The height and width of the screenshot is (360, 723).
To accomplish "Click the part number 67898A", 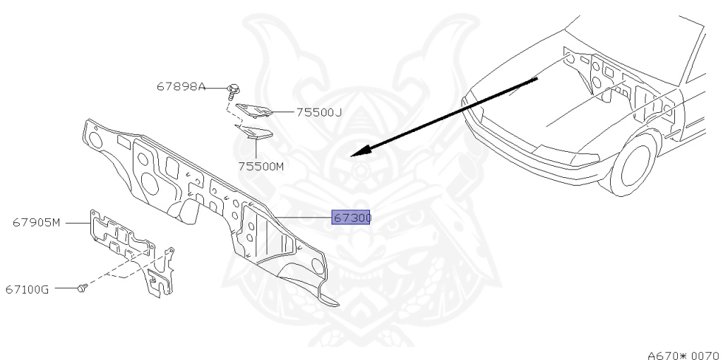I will point(181,88).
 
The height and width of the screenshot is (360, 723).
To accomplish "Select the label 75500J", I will point(318,112).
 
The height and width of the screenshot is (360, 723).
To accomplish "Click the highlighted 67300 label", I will point(352,218).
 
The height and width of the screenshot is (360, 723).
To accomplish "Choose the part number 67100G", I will point(27,289).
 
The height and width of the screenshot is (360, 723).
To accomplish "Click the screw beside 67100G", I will point(82,288).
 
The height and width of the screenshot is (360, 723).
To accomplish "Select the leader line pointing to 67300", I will point(304,217).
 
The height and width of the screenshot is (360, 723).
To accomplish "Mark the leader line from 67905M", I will point(76,223).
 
